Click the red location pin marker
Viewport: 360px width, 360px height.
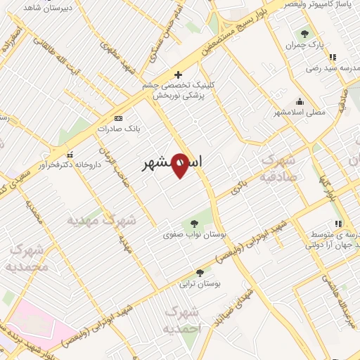180,166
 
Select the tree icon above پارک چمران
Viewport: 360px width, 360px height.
304,33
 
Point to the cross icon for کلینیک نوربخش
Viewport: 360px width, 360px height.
178,74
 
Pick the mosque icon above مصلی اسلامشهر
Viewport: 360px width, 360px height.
300,101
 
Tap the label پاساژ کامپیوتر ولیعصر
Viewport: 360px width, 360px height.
323,5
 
